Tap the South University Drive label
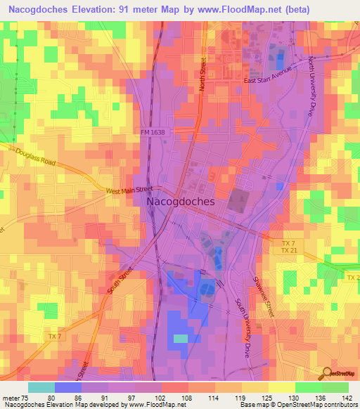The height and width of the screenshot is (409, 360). click(x=243, y=323)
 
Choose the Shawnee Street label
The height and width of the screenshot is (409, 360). click(x=261, y=292)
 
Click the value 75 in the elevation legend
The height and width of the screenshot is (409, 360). click(x=27, y=397)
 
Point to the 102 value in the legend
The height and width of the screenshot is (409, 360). click(x=161, y=397)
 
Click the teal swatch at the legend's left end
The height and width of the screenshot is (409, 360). click(x=41, y=387)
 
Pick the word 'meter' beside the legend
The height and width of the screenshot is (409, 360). click(x=12, y=397)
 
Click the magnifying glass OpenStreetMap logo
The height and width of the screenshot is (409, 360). click(x=328, y=373)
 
